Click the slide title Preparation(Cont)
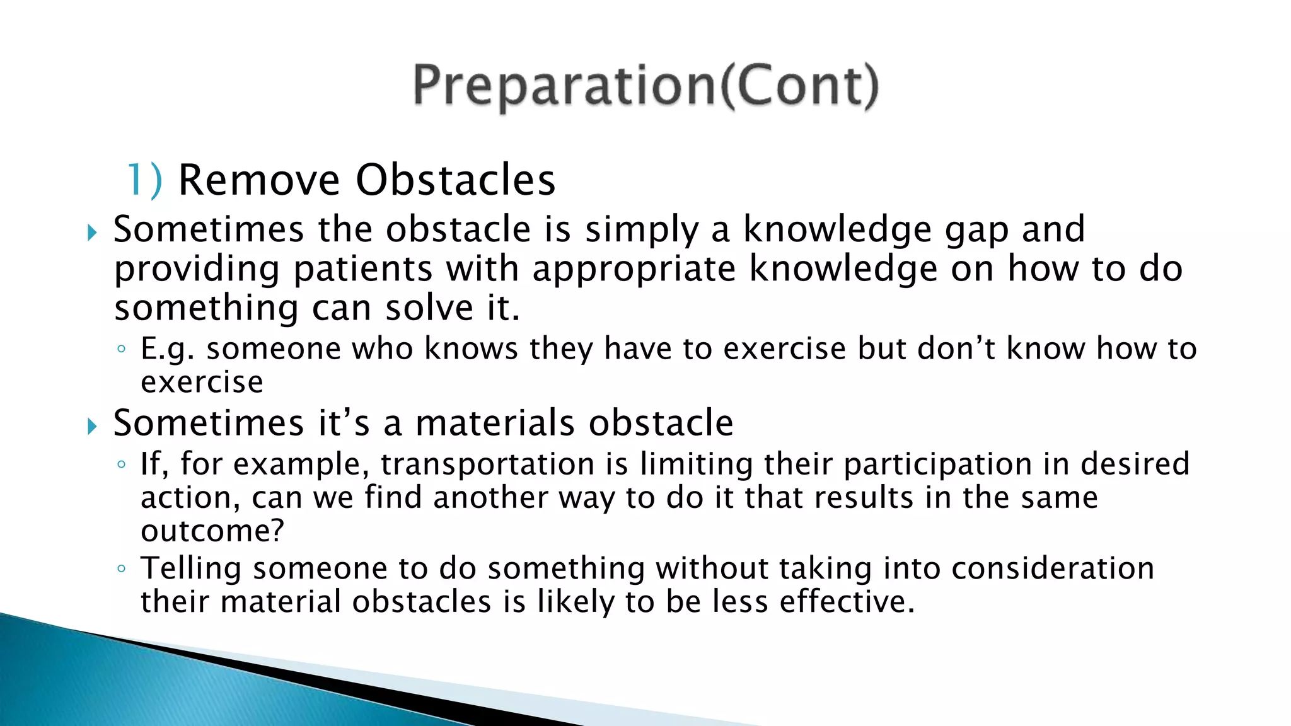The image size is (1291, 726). [645, 86]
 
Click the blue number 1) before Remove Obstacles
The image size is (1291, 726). [144, 181]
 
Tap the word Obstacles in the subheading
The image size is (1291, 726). [455, 180]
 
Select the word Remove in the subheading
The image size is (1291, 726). [259, 180]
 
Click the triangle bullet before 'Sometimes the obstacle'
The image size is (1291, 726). [93, 233]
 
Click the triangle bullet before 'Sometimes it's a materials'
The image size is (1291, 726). [93, 427]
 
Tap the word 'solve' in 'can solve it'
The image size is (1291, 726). [429, 308]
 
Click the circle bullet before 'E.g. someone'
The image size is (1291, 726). [121, 349]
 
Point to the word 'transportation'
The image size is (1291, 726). [487, 465]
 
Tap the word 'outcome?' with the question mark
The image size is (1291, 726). [212, 531]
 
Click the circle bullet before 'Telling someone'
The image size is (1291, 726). [121, 569]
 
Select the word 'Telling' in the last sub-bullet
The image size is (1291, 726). [191, 569]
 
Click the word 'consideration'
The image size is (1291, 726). [1052, 568]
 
